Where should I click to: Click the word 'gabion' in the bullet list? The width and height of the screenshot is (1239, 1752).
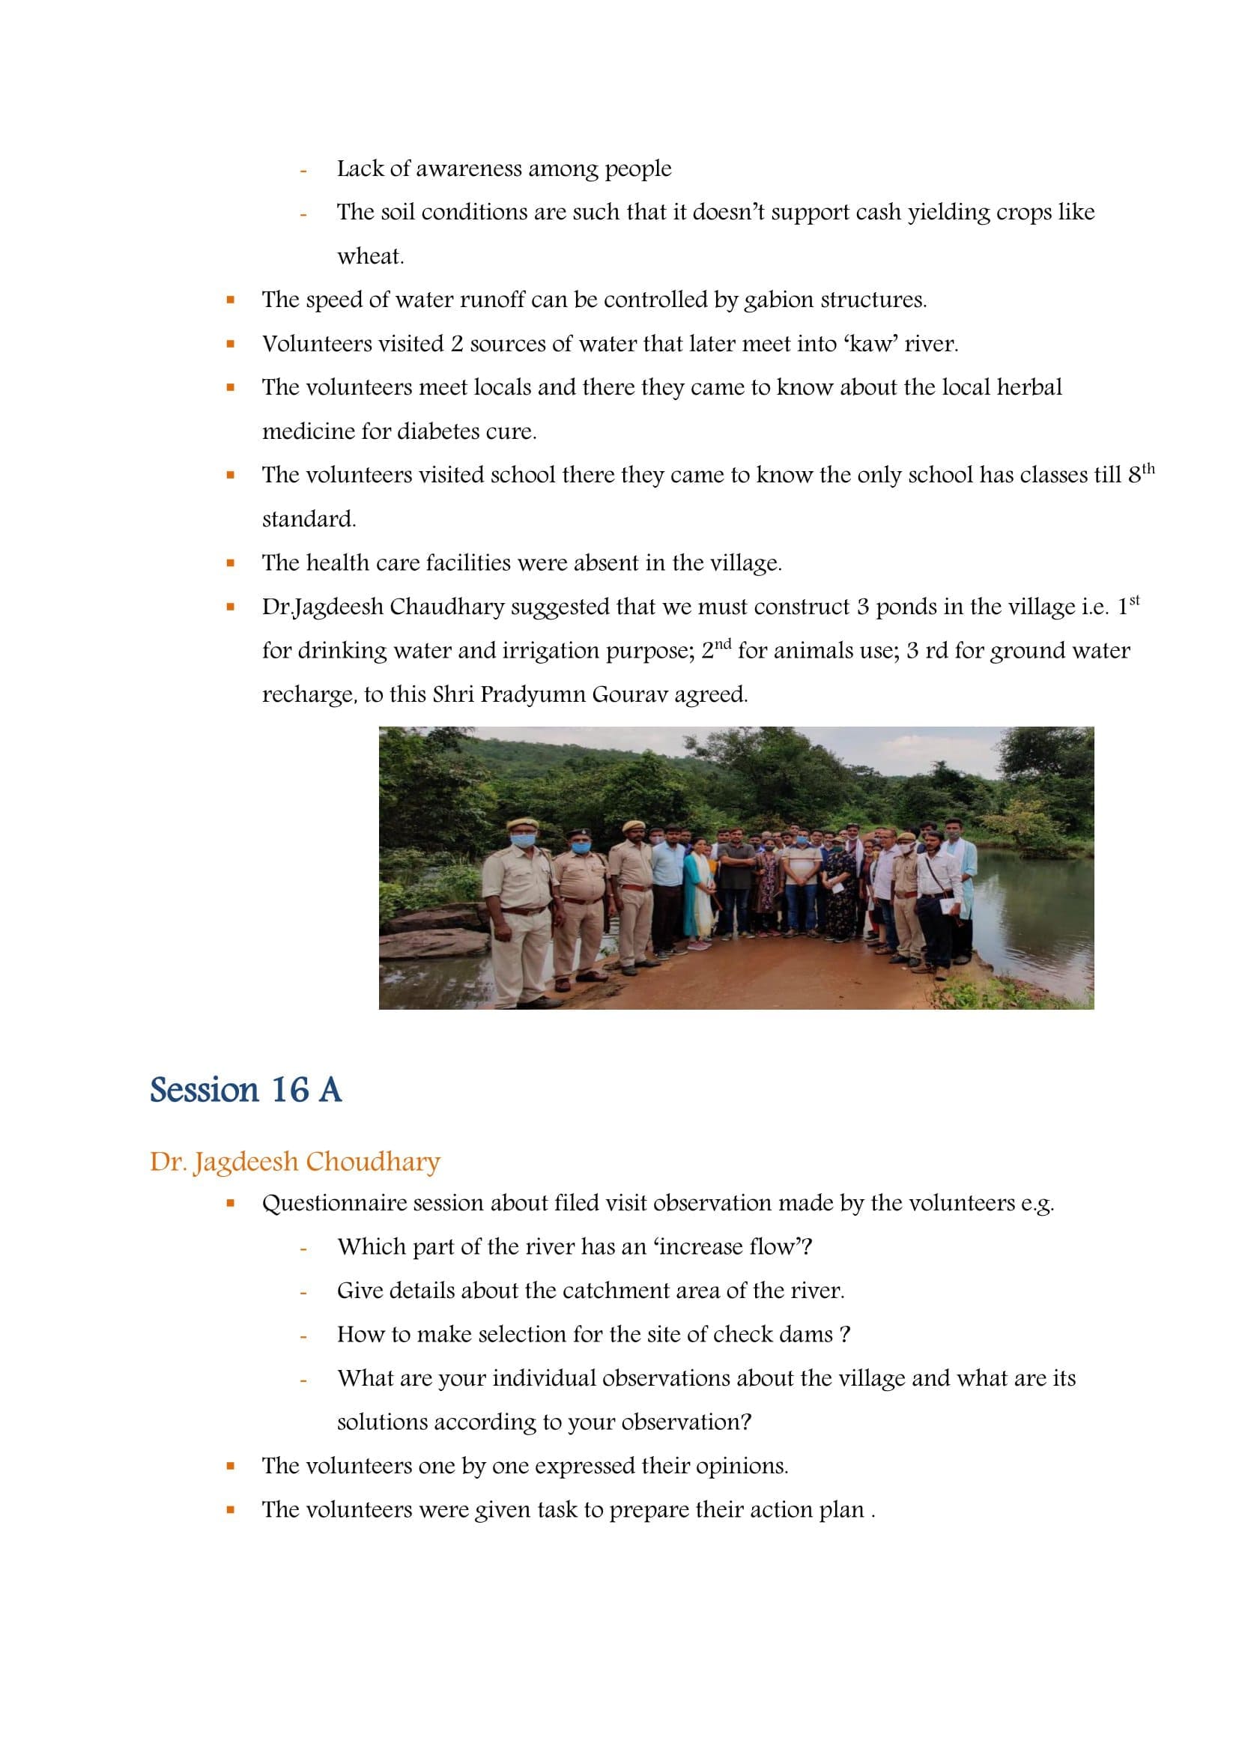click(779, 300)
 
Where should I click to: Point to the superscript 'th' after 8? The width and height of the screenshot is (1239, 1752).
click(1148, 468)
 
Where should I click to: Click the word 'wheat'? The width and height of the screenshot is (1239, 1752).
click(369, 256)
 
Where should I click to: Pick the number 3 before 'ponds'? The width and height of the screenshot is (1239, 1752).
click(863, 607)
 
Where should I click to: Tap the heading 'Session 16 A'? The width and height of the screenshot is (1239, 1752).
click(246, 1090)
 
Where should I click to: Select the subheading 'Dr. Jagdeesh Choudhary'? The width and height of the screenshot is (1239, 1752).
click(295, 1162)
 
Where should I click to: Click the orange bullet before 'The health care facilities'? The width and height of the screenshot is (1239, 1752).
click(230, 564)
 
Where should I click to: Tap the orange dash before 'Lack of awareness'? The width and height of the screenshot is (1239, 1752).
click(303, 170)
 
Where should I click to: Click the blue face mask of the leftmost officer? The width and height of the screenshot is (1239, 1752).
click(522, 840)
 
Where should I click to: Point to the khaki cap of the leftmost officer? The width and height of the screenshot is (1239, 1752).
click(523, 823)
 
